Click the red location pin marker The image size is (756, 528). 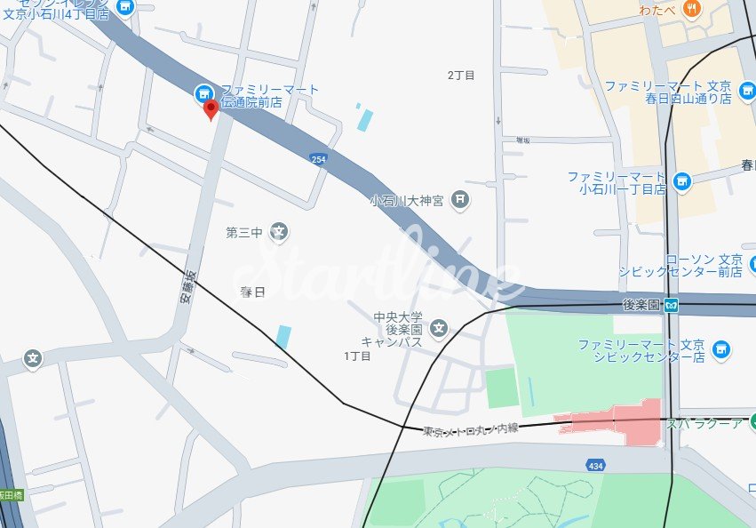pyautogui.click(x=211, y=109)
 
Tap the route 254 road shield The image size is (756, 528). pyautogui.click(x=318, y=159)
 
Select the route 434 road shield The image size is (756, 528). pyautogui.click(x=596, y=465)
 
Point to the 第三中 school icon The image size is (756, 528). pyautogui.click(x=279, y=233)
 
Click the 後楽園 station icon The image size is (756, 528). pyautogui.click(x=671, y=306)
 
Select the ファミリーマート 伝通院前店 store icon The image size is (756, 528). pyautogui.click(x=203, y=92)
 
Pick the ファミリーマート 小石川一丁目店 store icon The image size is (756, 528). pyautogui.click(x=681, y=182)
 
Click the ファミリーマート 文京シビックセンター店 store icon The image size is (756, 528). pyautogui.click(x=720, y=350)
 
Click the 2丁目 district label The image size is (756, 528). pyautogui.click(x=461, y=76)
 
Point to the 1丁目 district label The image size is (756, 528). pyautogui.click(x=357, y=356)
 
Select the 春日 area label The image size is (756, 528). pyautogui.click(x=253, y=292)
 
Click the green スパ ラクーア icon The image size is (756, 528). pyautogui.click(x=752, y=421)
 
